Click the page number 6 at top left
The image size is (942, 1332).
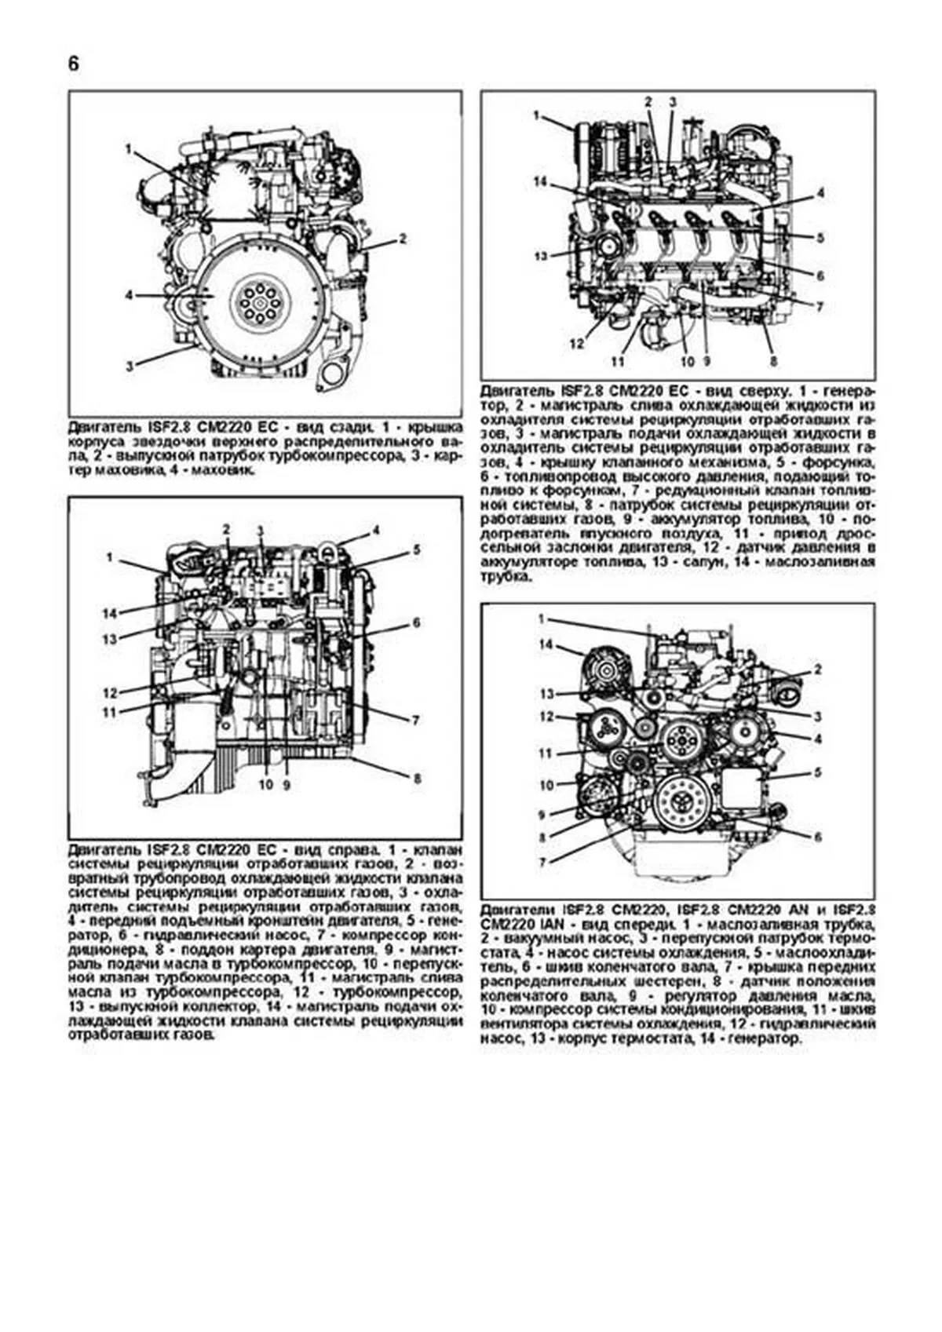coord(73,64)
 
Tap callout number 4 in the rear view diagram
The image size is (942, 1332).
coord(128,295)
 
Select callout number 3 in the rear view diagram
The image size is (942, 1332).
coord(128,365)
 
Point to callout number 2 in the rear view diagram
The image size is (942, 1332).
coord(403,238)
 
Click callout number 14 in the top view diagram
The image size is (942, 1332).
coord(540,182)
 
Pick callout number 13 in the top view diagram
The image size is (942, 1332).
coord(540,257)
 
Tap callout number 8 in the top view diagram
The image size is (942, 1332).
coord(772,362)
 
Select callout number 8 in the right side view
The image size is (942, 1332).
coord(418,779)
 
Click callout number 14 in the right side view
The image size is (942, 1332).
coord(110,613)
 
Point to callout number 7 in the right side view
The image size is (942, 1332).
coord(418,720)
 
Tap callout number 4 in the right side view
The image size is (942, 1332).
coord(376,531)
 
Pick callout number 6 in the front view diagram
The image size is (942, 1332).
coord(817,837)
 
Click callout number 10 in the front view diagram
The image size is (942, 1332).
coord(547,785)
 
